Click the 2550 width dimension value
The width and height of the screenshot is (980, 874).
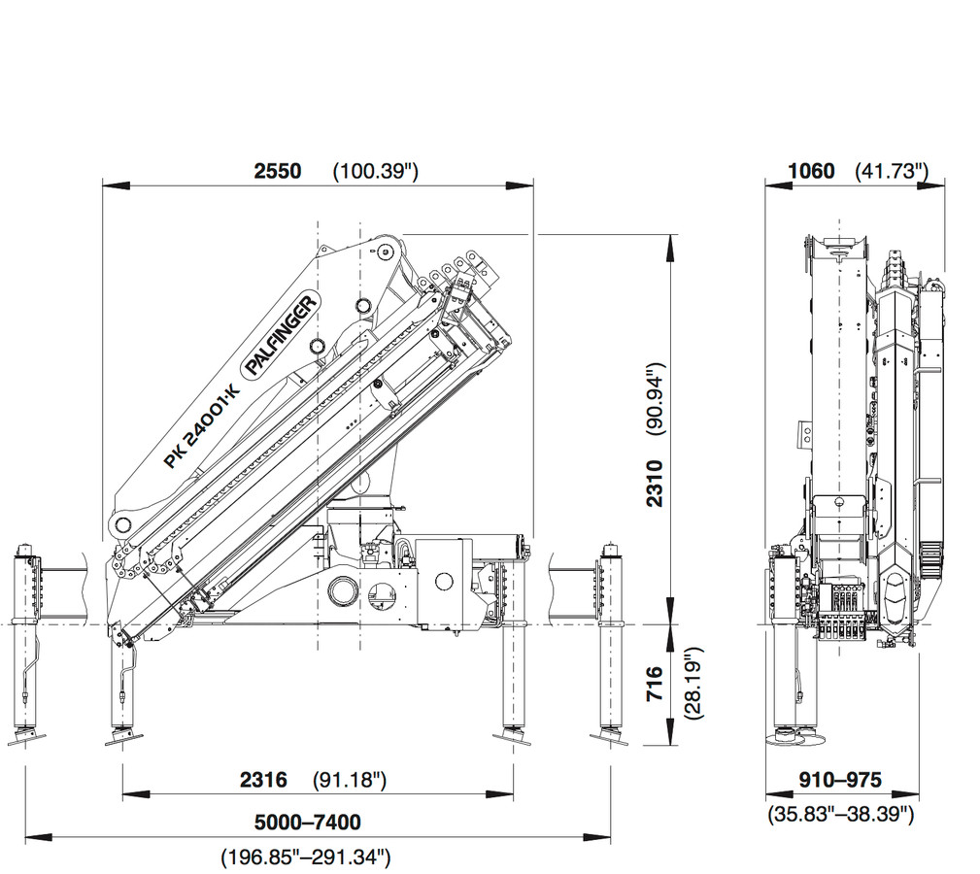click(278, 171)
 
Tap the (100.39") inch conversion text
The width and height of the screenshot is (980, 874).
click(375, 171)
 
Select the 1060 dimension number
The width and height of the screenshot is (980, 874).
click(811, 171)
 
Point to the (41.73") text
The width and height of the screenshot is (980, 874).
click(892, 171)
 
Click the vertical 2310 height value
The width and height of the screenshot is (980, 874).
click(655, 483)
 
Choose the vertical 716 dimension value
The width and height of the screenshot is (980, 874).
click(655, 684)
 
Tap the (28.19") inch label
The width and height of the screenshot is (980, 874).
click(693, 684)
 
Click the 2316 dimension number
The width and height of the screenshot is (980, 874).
click(264, 780)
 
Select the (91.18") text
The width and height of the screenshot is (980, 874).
click(350, 780)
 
